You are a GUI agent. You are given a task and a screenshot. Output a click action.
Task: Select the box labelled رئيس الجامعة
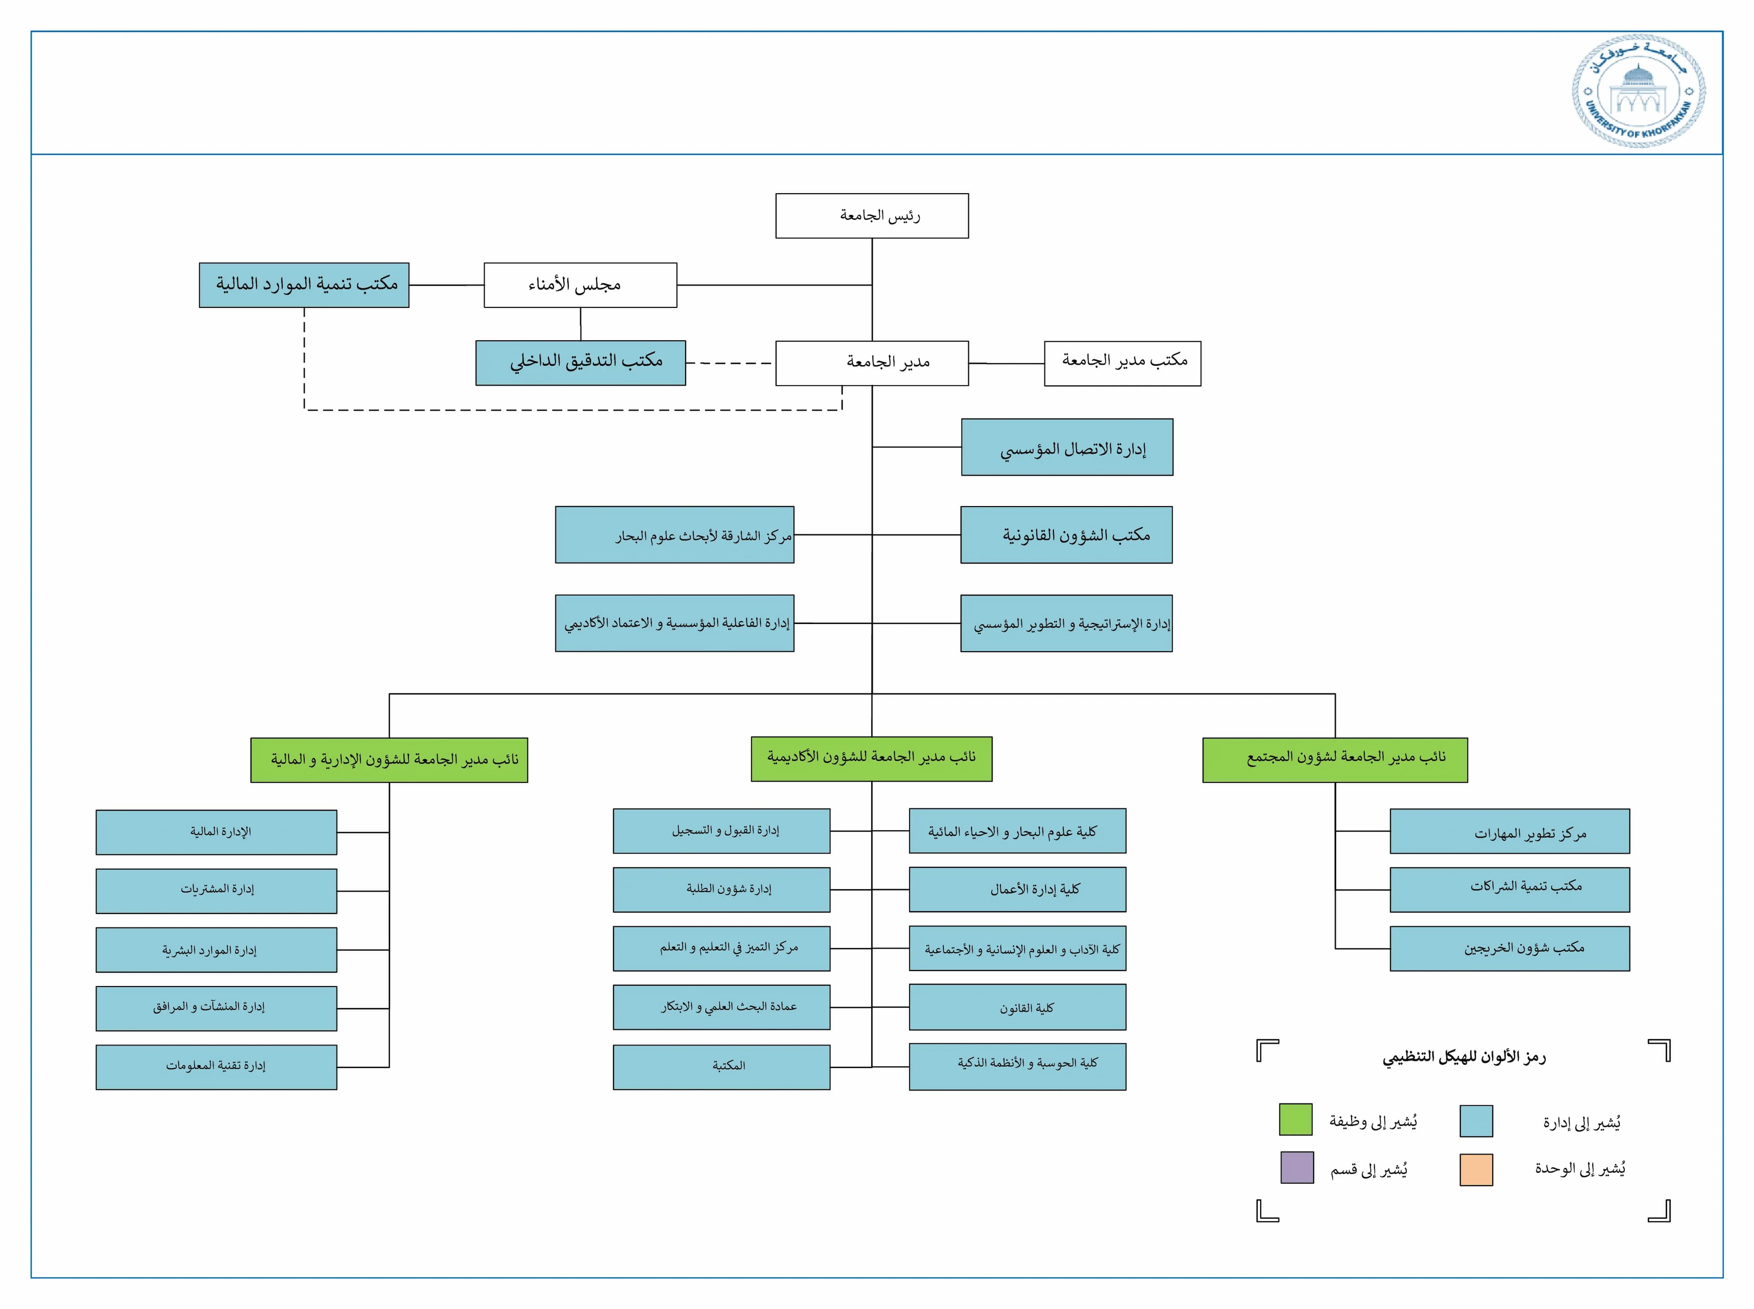[x=872, y=216]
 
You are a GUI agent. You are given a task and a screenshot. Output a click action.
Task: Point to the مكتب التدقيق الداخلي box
[x=580, y=363]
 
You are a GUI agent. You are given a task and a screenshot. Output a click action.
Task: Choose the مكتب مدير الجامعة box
[x=1122, y=363]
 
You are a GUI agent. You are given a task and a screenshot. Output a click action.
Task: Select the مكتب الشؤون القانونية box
[x=1067, y=535]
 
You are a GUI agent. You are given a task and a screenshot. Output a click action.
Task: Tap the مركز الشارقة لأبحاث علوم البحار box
[x=674, y=535]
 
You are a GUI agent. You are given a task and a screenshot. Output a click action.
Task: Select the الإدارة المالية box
[x=216, y=832]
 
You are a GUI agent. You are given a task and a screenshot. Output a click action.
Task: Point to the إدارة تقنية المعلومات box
[x=216, y=1066]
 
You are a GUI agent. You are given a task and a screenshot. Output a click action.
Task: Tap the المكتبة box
[x=721, y=1066]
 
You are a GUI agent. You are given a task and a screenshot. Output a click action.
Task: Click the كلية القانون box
[x=1017, y=1007]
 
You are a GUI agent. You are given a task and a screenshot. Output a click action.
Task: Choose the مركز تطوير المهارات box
[x=1509, y=831]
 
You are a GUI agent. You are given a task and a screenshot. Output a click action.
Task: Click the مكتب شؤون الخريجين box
[x=1509, y=949]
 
